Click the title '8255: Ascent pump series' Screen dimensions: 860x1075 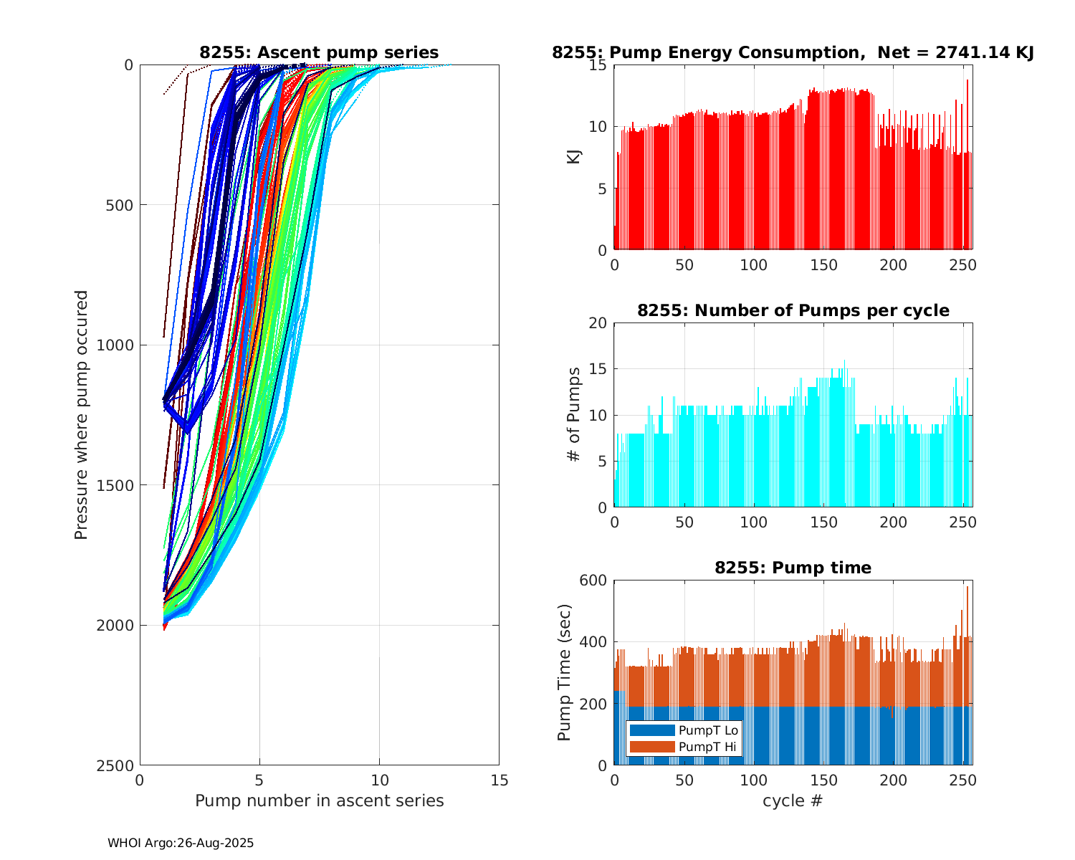pos(319,52)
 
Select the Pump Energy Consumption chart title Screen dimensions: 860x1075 pos(793,52)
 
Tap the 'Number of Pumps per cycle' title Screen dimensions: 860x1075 pos(793,310)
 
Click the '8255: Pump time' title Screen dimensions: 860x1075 pos(793,568)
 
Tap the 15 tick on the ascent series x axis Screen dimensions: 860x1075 pos(499,780)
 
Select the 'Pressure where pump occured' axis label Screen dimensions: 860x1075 pos(82,415)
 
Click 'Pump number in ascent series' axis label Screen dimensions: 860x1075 pos(319,801)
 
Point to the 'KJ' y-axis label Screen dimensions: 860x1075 pos(574,157)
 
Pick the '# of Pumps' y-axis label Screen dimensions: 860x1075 pos(574,415)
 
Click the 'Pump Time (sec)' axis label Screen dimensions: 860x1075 pos(565,672)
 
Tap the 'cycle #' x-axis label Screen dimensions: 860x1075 pos(793,801)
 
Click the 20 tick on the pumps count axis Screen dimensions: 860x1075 pos(598,323)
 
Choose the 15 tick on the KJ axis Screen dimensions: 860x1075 pos(598,65)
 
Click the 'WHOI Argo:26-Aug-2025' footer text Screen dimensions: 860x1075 pos(181,844)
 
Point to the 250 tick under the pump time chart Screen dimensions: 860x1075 pos(962,780)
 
